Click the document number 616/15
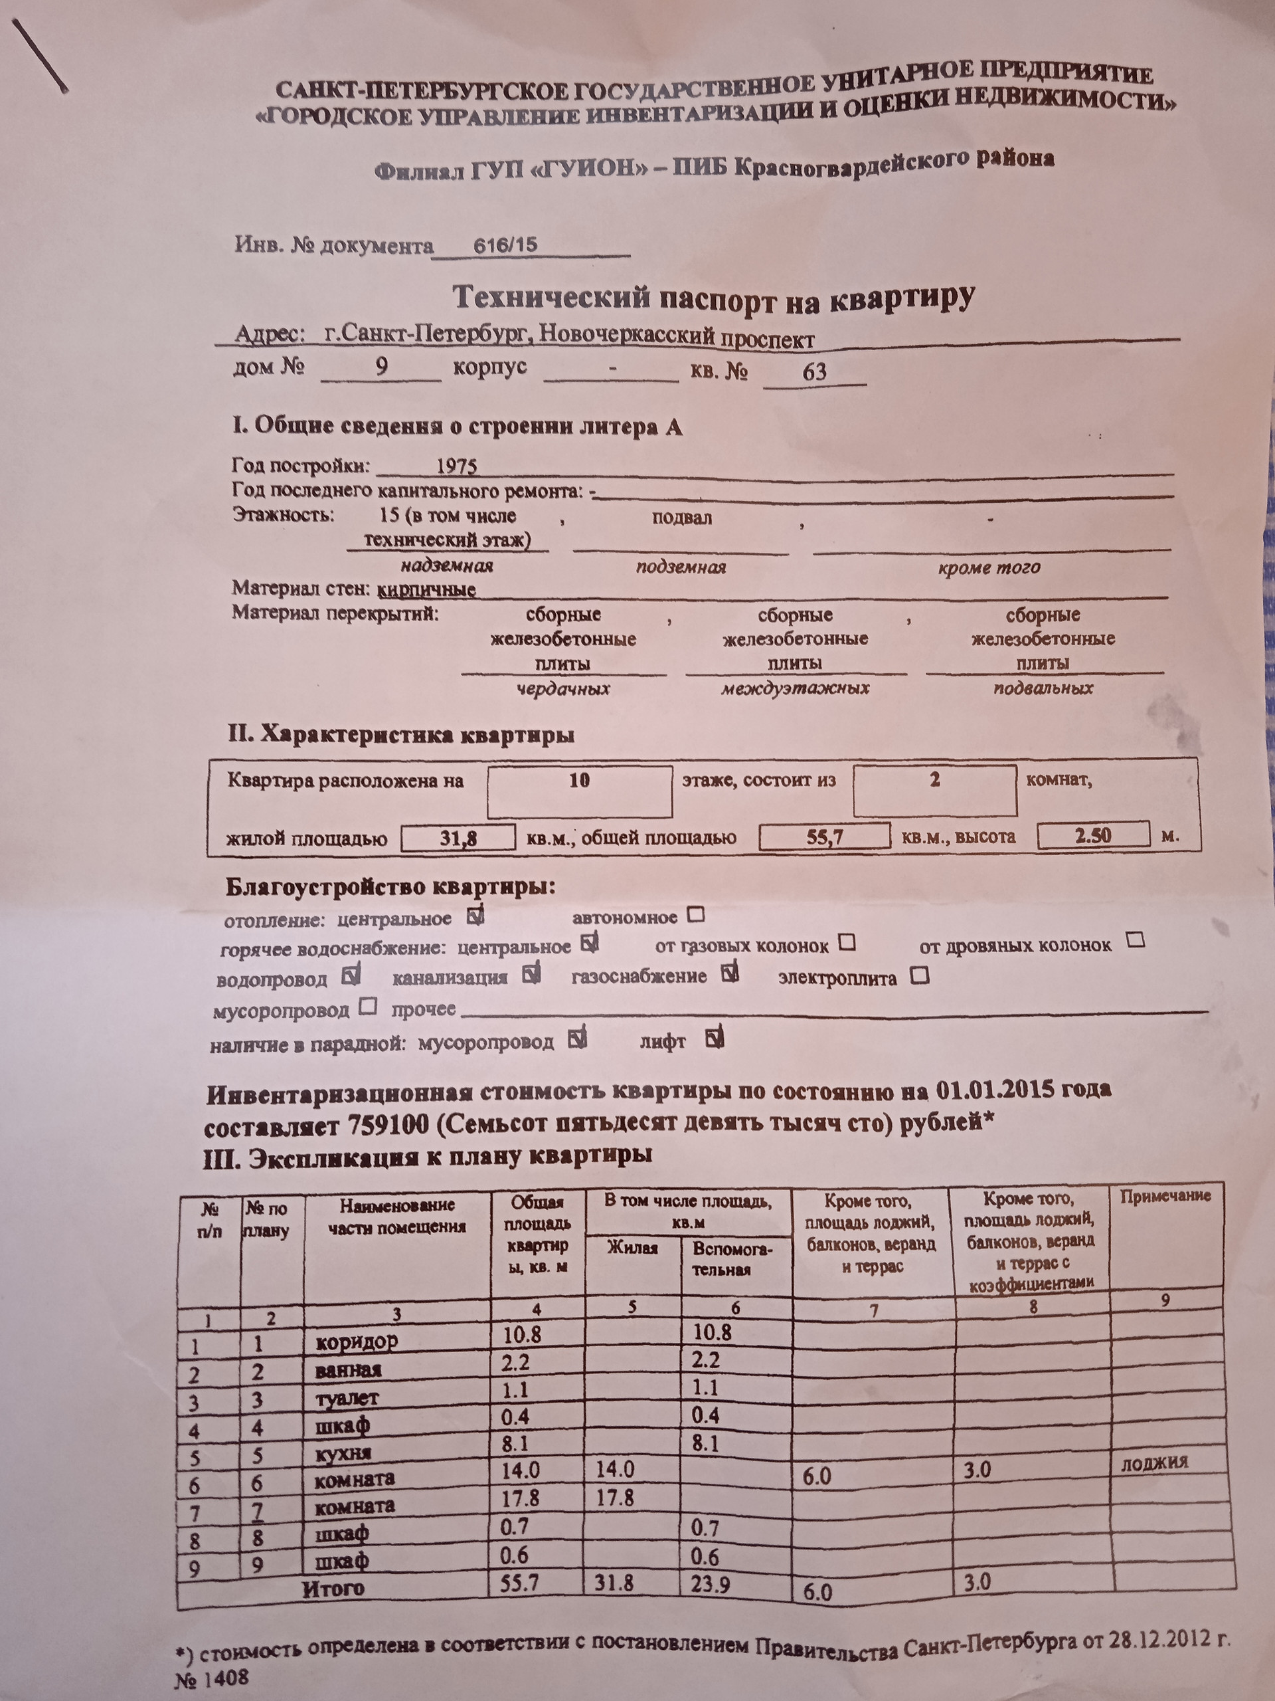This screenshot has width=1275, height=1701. click(505, 245)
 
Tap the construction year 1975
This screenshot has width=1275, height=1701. click(456, 466)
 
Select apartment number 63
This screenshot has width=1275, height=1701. click(814, 372)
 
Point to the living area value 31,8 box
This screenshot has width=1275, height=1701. click(458, 837)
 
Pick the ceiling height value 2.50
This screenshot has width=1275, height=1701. click(1092, 835)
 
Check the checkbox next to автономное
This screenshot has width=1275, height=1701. click(695, 915)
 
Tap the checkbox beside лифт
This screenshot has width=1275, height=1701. click(714, 1039)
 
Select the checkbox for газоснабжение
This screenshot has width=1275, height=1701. click(730, 973)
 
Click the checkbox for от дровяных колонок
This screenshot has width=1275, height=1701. click(1135, 940)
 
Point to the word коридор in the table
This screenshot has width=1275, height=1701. click(357, 1343)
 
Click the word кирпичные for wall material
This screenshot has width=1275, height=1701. click(427, 590)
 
